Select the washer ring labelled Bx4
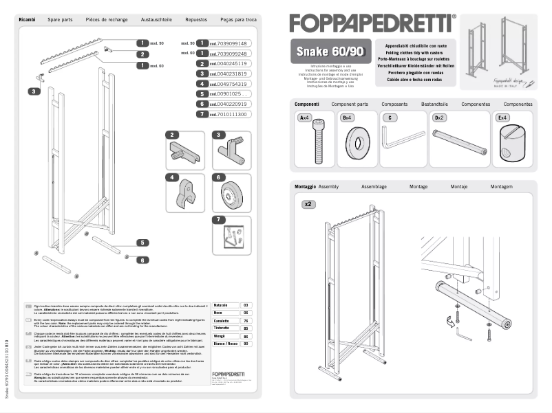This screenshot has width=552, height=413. click(x=358, y=144)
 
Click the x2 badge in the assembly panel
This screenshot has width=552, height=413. click(x=309, y=204)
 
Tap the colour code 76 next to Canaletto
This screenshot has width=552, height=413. click(x=246, y=321)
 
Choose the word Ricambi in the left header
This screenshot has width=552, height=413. click(x=28, y=20)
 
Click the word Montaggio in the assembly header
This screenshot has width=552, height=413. click(x=305, y=186)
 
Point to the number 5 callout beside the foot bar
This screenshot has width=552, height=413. click(x=142, y=243)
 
